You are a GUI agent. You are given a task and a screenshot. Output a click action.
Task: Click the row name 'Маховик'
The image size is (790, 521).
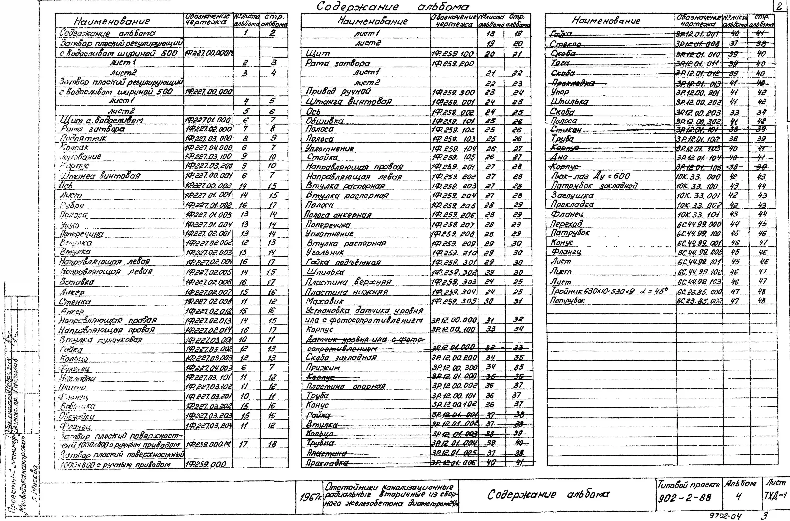pyautogui.click(x=325, y=301)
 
